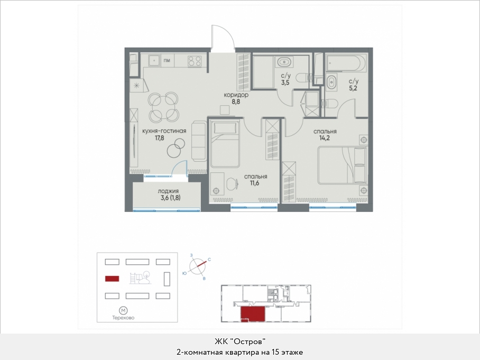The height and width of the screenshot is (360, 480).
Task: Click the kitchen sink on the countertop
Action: (x=154, y=60)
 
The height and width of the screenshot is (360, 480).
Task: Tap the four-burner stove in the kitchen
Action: (x=195, y=61)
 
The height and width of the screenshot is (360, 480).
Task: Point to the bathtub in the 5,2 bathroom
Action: (x=346, y=63)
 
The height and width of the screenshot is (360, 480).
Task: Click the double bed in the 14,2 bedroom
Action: (x=342, y=165)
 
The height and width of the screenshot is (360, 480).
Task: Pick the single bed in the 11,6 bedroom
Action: (x=225, y=144)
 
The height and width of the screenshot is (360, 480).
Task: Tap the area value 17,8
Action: (x=160, y=138)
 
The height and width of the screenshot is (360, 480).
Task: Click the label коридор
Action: (x=236, y=95)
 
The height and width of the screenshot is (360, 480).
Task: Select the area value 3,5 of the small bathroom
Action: (x=285, y=82)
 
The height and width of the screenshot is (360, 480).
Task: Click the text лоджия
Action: (x=168, y=191)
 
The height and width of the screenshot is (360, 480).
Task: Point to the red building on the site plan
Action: (x=112, y=279)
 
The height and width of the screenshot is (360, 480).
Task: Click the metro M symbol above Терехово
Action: (x=123, y=311)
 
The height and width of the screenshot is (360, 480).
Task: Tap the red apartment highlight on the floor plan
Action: (x=252, y=313)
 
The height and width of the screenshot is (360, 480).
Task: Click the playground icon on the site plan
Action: (x=140, y=278)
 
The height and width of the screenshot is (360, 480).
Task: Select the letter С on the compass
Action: (x=209, y=260)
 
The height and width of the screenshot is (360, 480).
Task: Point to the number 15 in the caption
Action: (x=274, y=353)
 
